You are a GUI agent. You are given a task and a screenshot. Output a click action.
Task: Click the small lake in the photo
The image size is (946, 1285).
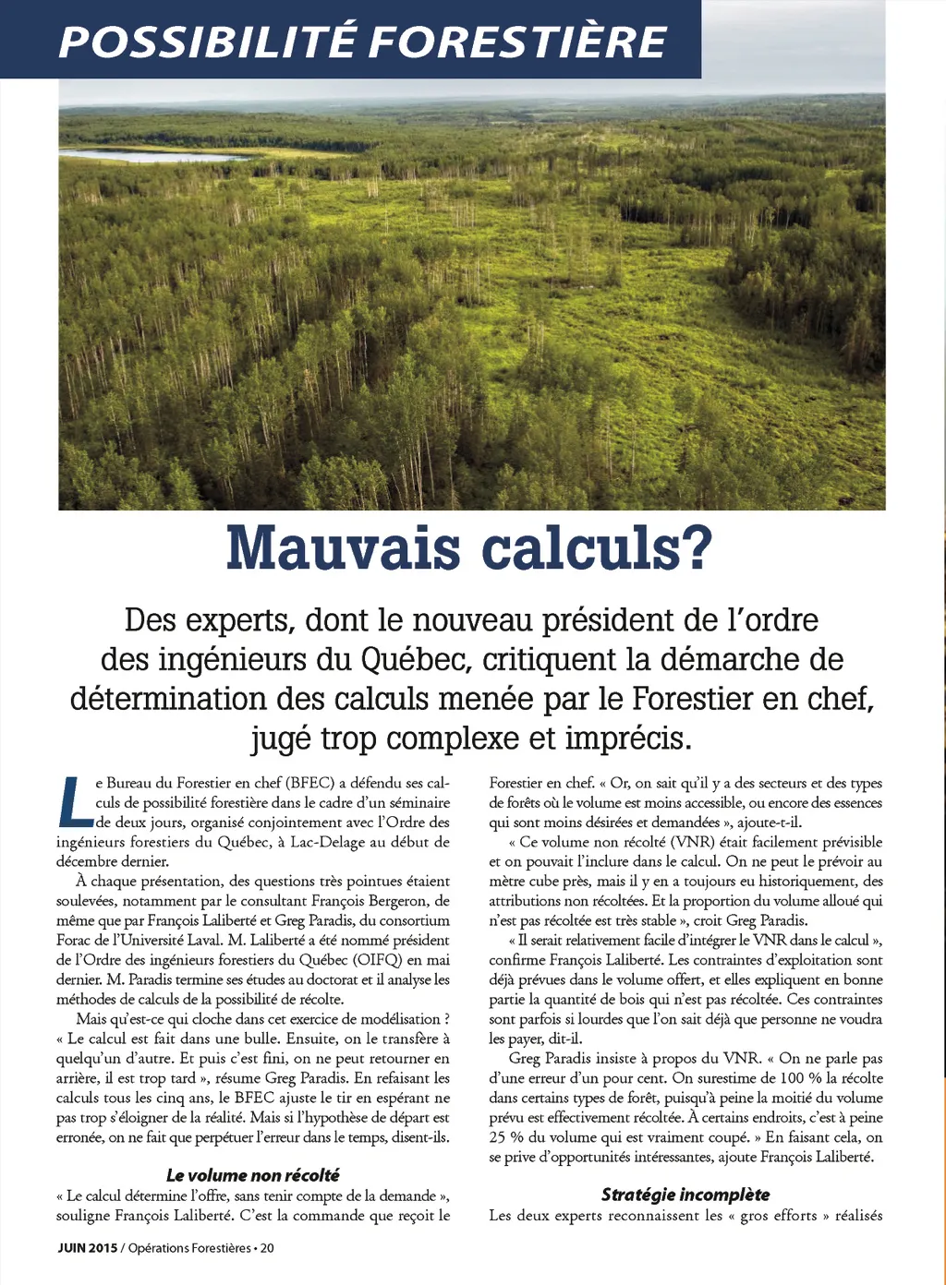(x=148, y=155)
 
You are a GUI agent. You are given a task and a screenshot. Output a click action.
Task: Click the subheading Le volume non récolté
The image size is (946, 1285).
(x=252, y=1175)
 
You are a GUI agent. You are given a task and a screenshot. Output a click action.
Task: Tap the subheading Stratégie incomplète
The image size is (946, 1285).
(x=685, y=1195)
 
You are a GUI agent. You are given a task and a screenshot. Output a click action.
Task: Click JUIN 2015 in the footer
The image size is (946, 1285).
(x=87, y=1248)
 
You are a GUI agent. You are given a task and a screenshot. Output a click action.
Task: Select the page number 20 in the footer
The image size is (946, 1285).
(x=266, y=1248)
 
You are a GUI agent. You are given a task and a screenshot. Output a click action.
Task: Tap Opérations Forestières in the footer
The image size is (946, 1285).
(x=188, y=1248)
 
